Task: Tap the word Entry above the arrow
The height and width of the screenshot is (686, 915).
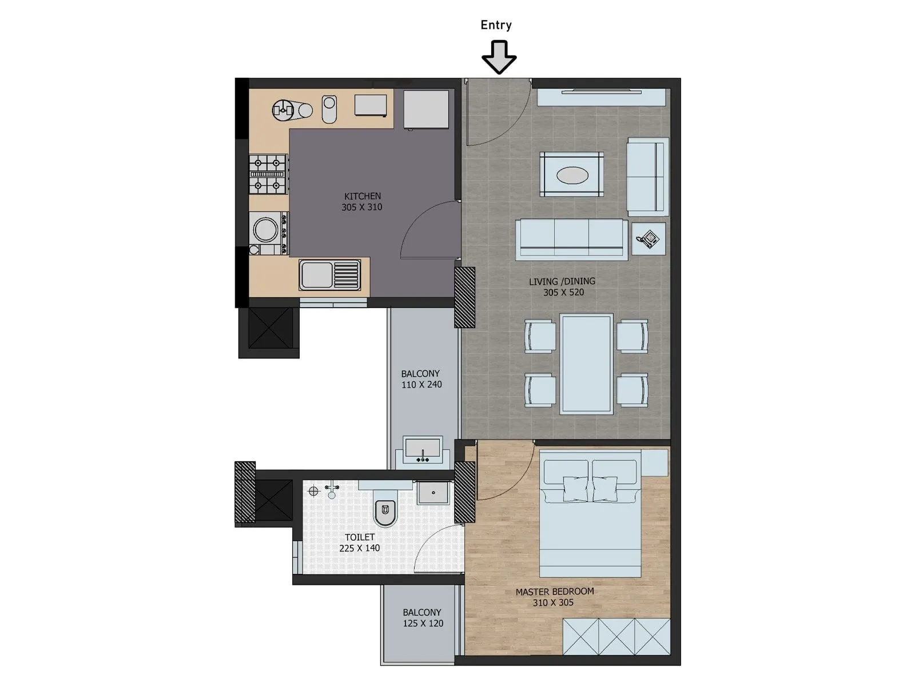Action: [x=496, y=25]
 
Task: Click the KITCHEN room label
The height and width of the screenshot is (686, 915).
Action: [x=362, y=196]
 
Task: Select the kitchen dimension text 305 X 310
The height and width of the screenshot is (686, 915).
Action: [x=361, y=208]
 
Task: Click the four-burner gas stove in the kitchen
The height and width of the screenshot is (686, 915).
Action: [x=268, y=174]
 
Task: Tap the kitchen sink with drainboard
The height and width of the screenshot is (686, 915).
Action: [x=330, y=275]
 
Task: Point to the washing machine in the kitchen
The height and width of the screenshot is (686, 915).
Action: [x=267, y=231]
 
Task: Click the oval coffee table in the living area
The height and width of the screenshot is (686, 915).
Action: [x=572, y=175]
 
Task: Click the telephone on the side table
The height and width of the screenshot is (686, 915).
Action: [x=649, y=239]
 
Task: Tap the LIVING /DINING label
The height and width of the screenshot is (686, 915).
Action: [x=562, y=281]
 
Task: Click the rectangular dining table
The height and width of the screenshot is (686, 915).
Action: [x=587, y=363]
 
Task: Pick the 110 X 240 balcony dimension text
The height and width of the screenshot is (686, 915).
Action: [x=421, y=385]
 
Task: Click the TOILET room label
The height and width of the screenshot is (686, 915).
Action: [x=360, y=537]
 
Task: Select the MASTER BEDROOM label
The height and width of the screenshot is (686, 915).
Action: [x=554, y=592]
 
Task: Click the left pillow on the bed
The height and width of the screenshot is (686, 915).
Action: [x=576, y=489]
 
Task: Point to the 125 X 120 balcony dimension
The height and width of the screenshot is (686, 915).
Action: [x=423, y=624]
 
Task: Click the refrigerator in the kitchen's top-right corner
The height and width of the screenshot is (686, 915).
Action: [x=426, y=109]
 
